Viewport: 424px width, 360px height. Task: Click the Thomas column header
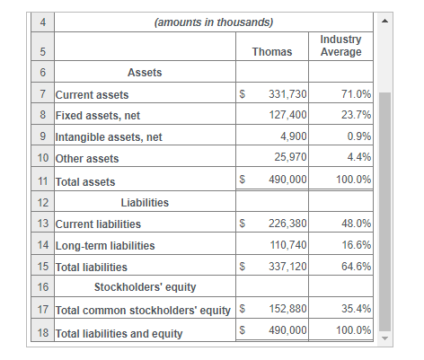(271, 52)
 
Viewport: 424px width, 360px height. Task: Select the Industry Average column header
(340, 46)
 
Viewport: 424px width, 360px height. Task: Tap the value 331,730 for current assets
(287, 94)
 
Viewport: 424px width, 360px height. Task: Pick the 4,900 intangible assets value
(293, 137)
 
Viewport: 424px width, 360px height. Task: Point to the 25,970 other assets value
(290, 159)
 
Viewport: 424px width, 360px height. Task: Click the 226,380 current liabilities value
(287, 224)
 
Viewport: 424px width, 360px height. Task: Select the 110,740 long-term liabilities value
(288, 245)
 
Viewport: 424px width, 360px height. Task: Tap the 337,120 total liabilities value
(287, 267)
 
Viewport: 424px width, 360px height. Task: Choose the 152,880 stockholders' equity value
(287, 310)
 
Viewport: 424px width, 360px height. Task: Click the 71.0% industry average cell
(357, 94)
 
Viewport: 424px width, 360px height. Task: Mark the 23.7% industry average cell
(357, 116)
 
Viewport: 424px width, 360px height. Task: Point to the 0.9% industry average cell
(359, 137)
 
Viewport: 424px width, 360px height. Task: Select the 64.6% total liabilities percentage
(357, 267)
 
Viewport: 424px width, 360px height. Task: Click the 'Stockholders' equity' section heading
(145, 288)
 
